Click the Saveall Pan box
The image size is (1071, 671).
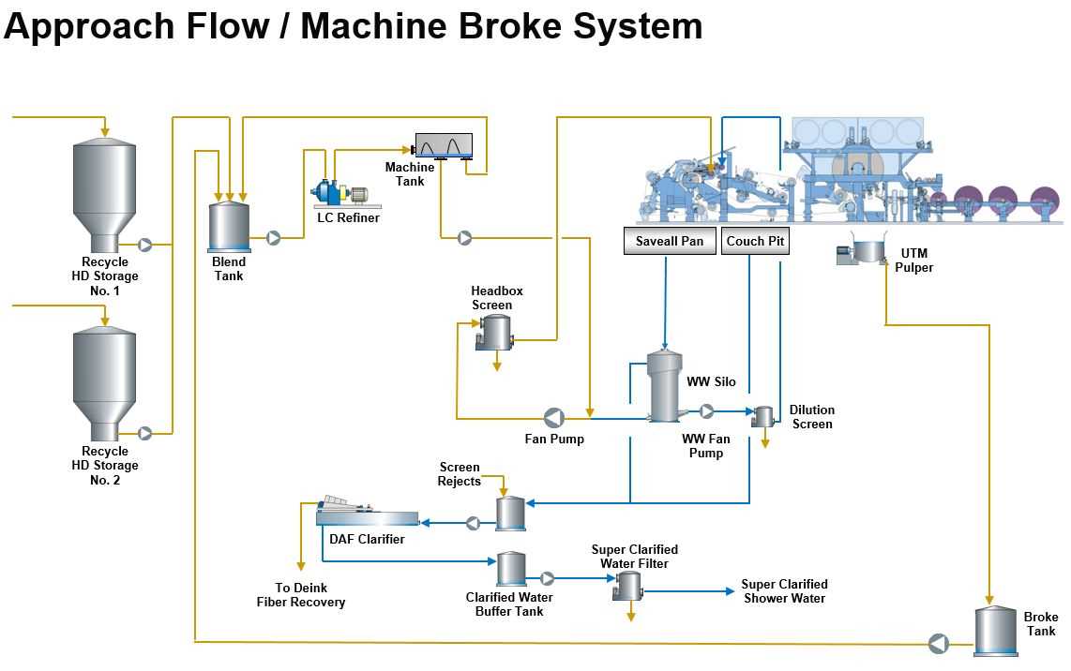tap(670, 241)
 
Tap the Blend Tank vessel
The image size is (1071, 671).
tap(229, 227)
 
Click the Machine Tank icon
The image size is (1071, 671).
tap(444, 146)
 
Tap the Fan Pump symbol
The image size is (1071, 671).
tap(554, 417)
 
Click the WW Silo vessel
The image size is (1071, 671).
tap(665, 386)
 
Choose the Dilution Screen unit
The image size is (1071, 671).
tap(763, 416)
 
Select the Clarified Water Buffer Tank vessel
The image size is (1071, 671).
tap(511, 570)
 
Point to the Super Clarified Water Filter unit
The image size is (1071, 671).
tap(627, 586)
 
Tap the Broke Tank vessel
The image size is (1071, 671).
tap(995, 630)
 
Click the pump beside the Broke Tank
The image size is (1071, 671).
tap(938, 644)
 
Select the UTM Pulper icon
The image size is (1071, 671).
tap(863, 250)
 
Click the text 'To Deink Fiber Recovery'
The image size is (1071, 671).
tap(301, 595)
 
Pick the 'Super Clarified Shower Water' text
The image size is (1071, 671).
tap(784, 591)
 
